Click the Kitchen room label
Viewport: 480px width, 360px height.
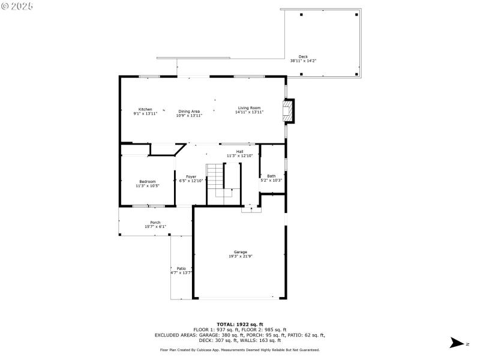point(145,109)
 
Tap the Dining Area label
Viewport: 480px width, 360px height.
point(189,111)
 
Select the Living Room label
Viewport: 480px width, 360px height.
point(249,108)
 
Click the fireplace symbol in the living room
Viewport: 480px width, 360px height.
point(289,110)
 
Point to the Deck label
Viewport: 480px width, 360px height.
point(303,56)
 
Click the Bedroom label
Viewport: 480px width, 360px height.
point(148,182)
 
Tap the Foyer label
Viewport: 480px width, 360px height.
point(191,177)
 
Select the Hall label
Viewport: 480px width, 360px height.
point(239,152)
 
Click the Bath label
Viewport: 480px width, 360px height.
point(271,176)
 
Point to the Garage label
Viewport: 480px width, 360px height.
point(241,252)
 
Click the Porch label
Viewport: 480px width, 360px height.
point(155,223)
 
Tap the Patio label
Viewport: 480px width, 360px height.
point(181,268)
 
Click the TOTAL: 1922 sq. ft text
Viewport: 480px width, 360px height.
point(240,324)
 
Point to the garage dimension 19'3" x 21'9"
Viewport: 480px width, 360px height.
point(241,256)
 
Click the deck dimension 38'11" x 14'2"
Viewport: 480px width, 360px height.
point(303,61)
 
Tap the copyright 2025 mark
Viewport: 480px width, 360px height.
point(17,5)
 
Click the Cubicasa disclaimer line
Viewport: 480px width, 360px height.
point(240,350)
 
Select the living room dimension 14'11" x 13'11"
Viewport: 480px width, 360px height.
point(249,112)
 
